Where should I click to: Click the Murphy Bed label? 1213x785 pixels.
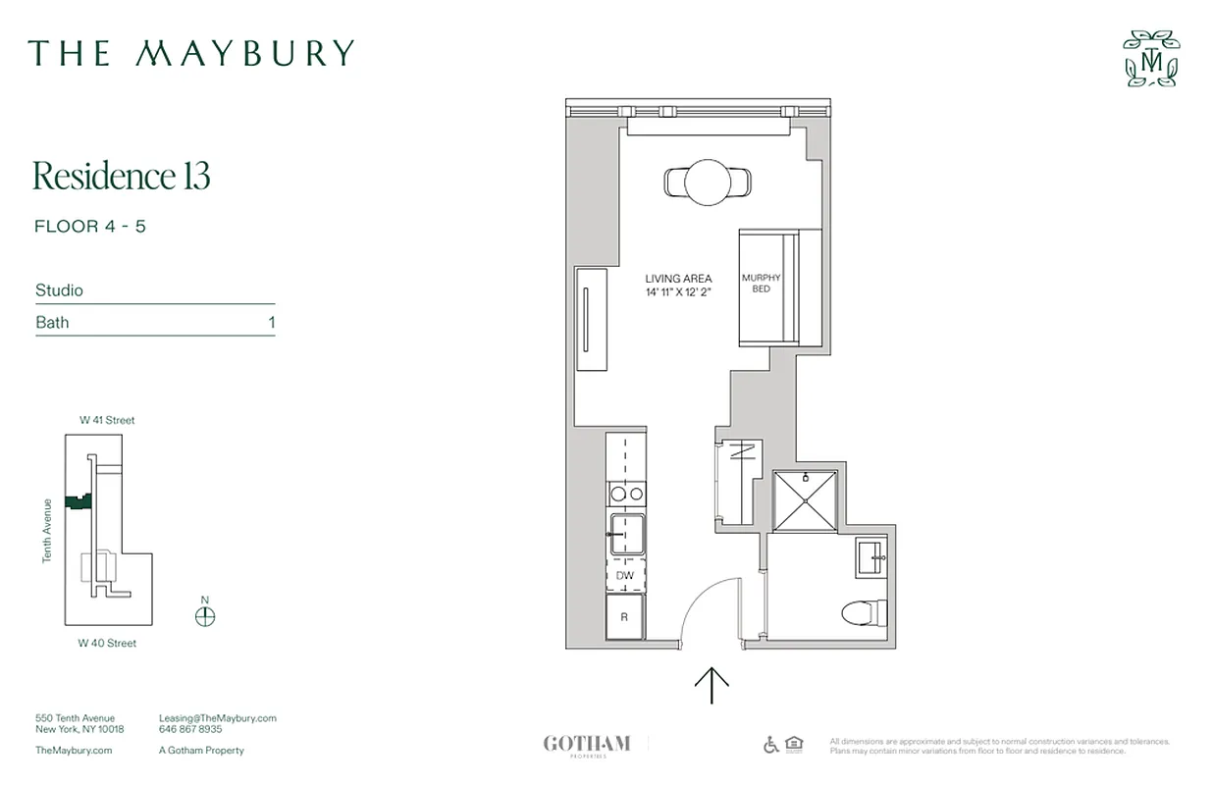(x=761, y=284)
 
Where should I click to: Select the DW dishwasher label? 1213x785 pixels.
(x=625, y=576)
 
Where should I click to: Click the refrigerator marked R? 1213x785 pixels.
(x=624, y=617)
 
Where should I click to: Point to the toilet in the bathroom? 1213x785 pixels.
(x=864, y=614)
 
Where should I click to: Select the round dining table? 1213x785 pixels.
(x=708, y=183)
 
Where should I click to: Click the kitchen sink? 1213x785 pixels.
(x=627, y=536)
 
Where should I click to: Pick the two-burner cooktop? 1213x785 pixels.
(x=626, y=494)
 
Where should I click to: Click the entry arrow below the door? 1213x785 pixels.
(x=712, y=685)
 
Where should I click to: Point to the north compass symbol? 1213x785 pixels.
(x=205, y=615)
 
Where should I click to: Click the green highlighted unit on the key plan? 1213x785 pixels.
(x=77, y=501)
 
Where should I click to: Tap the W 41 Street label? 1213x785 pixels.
(x=107, y=420)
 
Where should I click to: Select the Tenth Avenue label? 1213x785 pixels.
(x=46, y=530)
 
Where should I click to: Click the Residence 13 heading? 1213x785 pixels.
(x=122, y=177)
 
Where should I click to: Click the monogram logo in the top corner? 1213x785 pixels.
(x=1151, y=59)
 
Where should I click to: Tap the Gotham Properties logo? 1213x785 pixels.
(x=587, y=745)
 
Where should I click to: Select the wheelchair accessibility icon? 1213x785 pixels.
(x=771, y=745)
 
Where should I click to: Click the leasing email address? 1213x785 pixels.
(x=217, y=718)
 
